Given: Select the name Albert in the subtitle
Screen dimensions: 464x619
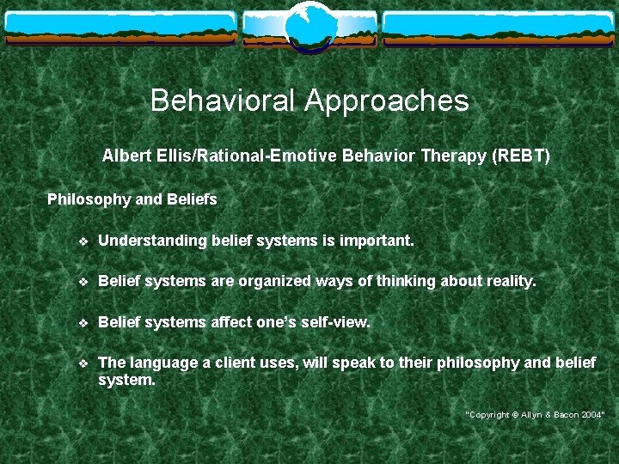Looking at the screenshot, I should [125, 156].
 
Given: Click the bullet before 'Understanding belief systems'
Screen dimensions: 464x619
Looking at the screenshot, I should [83, 241].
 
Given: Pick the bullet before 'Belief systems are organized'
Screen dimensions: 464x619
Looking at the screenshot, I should [83, 282].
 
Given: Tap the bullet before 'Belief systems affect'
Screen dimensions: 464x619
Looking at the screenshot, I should [83, 323].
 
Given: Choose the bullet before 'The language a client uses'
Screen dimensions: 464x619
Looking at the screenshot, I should [83, 363].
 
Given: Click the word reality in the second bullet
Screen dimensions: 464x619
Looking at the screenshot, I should [509, 282].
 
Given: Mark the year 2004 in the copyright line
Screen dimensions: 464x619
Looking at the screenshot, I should [591, 414].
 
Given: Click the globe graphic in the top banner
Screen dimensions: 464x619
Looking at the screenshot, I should [309, 26].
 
